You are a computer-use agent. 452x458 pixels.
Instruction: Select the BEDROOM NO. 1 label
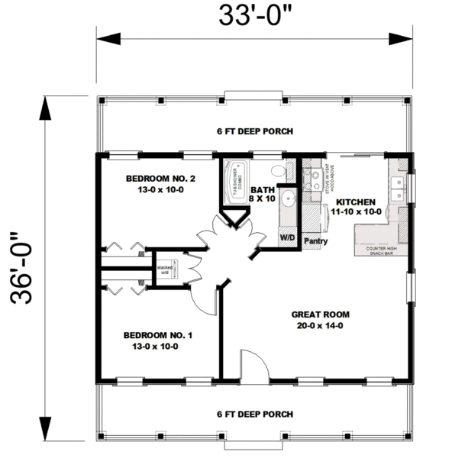click(x=151, y=334)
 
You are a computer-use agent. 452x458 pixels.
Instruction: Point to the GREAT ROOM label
click(x=321, y=314)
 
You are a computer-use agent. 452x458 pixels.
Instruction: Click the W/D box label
click(x=288, y=237)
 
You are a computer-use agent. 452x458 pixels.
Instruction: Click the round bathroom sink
click(x=288, y=199)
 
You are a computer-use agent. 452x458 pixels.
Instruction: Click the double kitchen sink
click(x=397, y=188)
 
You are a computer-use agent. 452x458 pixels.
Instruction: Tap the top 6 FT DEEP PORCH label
click(x=255, y=131)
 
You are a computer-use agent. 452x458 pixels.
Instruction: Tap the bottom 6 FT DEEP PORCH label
click(x=255, y=414)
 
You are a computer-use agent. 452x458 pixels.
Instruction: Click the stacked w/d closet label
click(x=164, y=269)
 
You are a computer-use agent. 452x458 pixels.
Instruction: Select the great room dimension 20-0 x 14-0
click(x=321, y=324)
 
